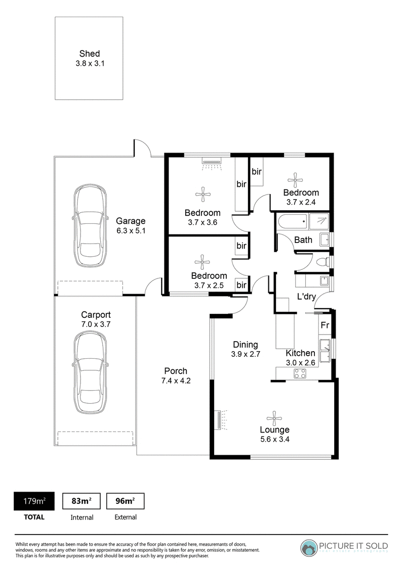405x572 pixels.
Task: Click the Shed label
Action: (x=90, y=54)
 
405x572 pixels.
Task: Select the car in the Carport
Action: (x=90, y=372)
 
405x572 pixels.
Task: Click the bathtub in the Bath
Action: (x=293, y=221)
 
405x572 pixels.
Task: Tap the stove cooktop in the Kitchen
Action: (x=300, y=373)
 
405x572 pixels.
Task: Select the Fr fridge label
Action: (x=325, y=325)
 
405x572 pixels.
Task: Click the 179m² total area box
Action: (x=34, y=501)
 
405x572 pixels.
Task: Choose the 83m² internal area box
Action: (x=82, y=501)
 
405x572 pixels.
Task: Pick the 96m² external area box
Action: (x=125, y=501)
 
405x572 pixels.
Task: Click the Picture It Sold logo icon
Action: (x=309, y=548)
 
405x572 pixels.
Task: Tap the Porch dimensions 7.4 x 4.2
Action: (x=176, y=381)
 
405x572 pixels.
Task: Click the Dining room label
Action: (x=245, y=345)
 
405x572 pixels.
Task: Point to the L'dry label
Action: (x=306, y=297)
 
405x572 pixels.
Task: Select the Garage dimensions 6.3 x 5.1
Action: (x=131, y=230)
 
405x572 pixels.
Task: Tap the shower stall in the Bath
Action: (x=319, y=221)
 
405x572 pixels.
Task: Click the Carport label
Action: (x=96, y=315)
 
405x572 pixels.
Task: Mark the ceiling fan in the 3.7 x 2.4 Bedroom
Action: (x=295, y=180)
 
